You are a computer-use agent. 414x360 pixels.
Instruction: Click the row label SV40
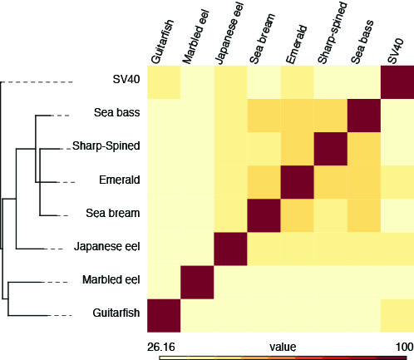126,80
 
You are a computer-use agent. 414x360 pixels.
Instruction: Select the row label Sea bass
116,112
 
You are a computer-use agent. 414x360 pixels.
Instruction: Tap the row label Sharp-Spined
106,146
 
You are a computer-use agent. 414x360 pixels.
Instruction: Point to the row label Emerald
120,180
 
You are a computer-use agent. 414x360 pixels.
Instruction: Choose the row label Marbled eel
111,279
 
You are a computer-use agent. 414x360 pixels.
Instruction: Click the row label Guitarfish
116,313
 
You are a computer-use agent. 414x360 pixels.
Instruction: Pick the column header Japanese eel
229,33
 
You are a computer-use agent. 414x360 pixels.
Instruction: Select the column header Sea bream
262,38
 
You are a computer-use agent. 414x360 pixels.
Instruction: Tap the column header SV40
396,51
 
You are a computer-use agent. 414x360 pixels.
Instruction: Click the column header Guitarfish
163,42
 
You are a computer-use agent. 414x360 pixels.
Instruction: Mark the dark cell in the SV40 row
397,82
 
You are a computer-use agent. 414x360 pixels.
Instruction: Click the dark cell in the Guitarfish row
164,315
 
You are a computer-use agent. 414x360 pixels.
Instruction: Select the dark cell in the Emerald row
298,182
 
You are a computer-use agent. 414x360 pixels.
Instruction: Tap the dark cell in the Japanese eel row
230,249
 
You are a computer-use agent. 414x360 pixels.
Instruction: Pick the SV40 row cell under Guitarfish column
164,82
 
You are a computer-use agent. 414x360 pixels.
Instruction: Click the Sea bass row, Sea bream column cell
264,116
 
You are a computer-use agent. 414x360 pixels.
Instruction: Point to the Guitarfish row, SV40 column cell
397,315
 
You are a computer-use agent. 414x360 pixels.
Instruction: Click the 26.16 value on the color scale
161,347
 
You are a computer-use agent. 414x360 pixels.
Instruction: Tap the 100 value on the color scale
405,347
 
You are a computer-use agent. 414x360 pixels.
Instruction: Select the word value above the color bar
283,347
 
